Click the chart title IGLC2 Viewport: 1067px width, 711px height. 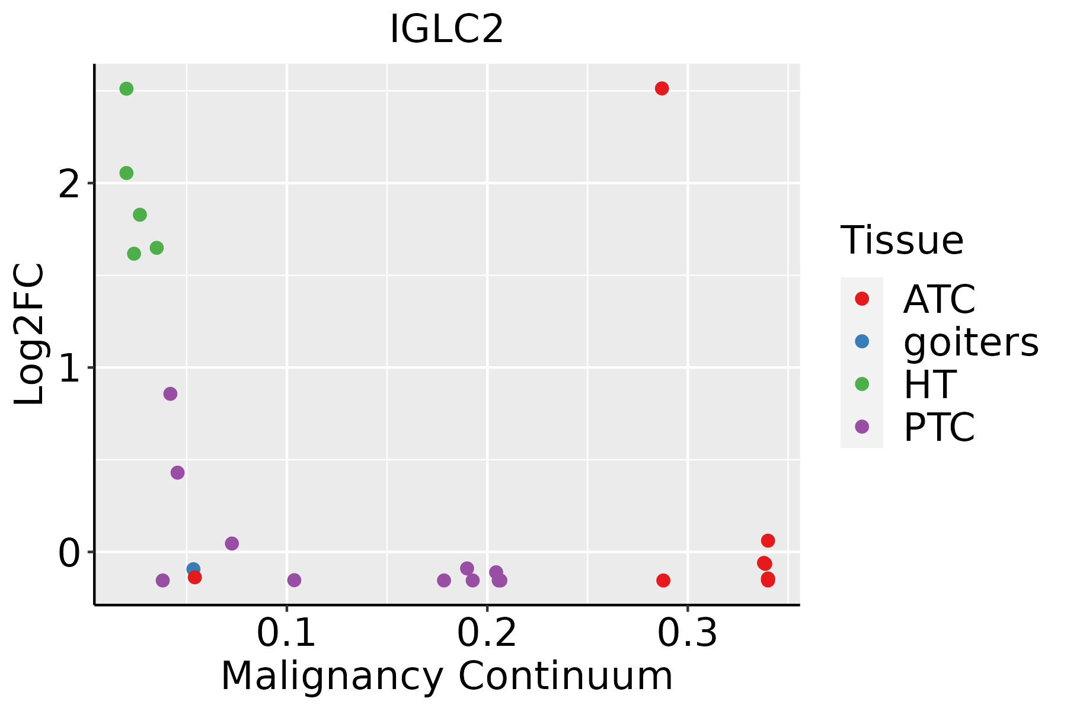(x=446, y=30)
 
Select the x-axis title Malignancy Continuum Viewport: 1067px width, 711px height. (x=446, y=676)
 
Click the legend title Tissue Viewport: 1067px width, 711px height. (x=902, y=241)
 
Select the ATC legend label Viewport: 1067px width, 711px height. (x=939, y=299)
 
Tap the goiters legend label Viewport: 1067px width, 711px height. (x=970, y=342)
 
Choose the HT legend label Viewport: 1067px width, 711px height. (x=929, y=385)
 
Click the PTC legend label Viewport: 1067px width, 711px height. (x=939, y=427)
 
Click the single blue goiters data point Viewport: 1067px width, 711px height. (x=193, y=569)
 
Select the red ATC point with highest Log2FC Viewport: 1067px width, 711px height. (x=662, y=88)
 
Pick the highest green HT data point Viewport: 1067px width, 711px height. (x=126, y=89)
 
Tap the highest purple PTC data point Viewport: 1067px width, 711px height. (x=170, y=394)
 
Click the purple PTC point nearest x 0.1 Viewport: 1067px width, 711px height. (x=294, y=580)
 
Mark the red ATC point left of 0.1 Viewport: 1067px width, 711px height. (x=195, y=577)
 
